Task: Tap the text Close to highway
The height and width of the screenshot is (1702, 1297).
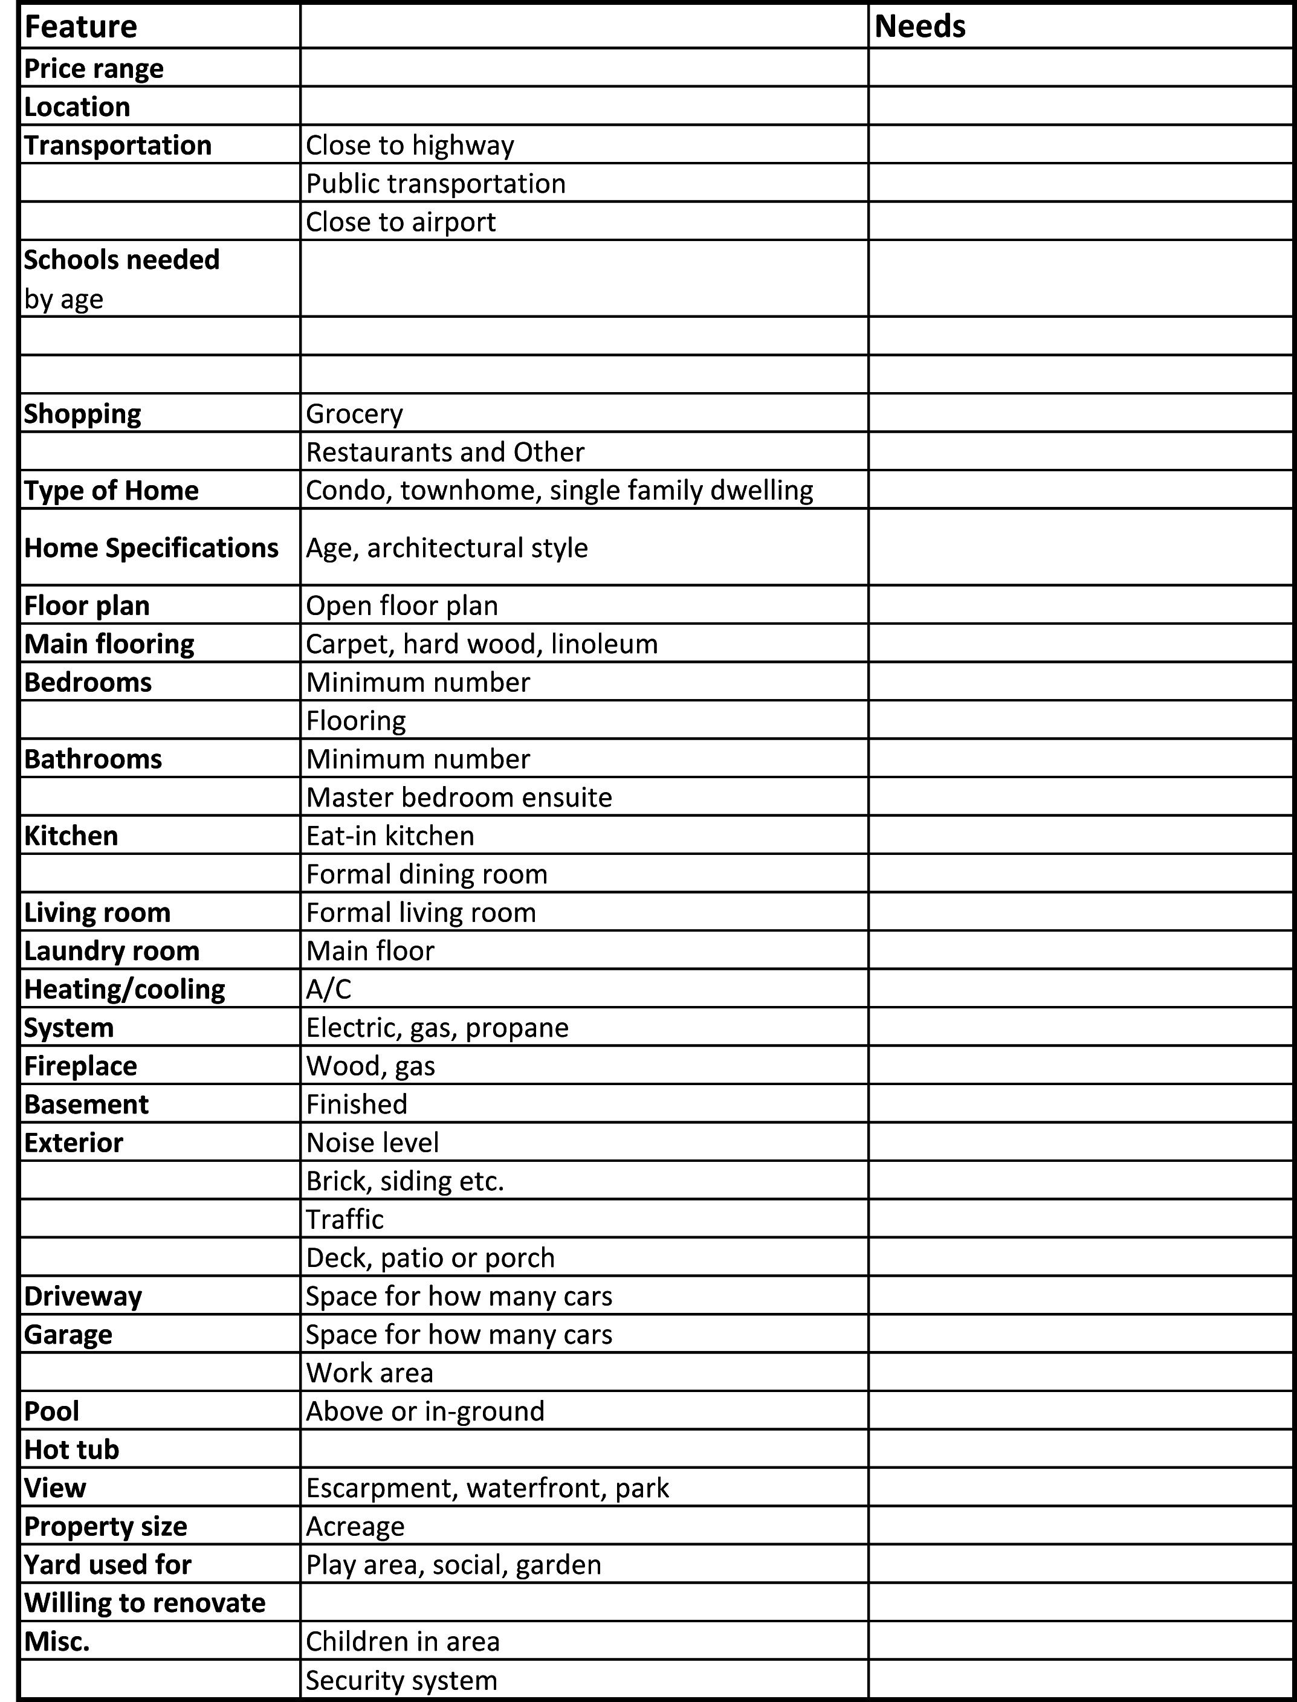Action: point(410,145)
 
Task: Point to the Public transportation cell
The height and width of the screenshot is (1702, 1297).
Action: point(435,184)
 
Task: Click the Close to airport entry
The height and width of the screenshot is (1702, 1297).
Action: point(401,222)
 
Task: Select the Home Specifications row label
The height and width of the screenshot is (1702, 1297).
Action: point(150,548)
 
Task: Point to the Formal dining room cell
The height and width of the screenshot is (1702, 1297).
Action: point(426,874)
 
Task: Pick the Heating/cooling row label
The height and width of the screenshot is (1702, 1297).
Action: point(125,990)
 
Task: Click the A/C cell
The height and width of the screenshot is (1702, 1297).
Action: point(328,990)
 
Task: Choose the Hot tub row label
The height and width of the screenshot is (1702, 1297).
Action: point(72,1449)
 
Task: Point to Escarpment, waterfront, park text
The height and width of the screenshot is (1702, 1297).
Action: point(487,1488)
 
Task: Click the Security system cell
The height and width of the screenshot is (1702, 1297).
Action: point(401,1680)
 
